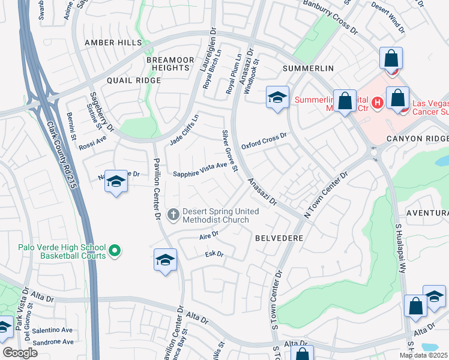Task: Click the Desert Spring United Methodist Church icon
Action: click(173, 214)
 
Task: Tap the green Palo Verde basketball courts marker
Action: click(115, 251)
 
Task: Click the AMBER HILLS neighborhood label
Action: click(113, 43)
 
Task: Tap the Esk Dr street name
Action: click(214, 254)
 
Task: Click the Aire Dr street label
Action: click(208, 236)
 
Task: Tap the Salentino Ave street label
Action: click(52, 330)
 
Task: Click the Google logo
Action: click(20, 353)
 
